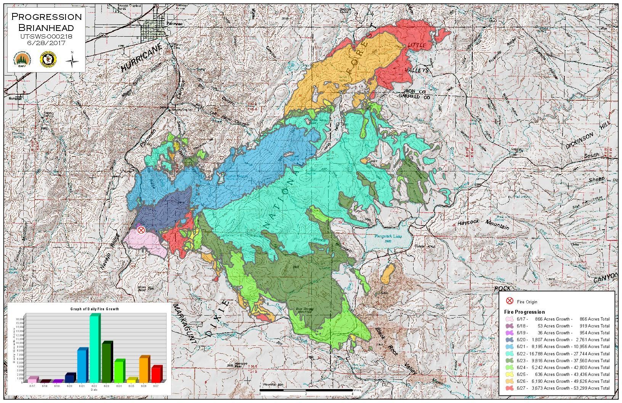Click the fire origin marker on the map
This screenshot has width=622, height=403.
(x=141, y=230)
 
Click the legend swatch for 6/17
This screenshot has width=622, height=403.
(x=509, y=319)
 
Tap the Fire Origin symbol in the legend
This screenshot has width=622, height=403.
(x=509, y=301)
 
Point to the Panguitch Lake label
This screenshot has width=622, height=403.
(x=386, y=237)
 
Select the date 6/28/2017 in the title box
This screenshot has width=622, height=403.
(x=46, y=43)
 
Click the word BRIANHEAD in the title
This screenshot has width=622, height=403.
(x=46, y=28)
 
